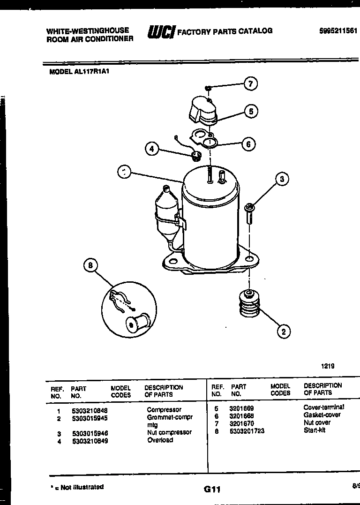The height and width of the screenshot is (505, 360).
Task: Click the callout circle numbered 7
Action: [250, 84]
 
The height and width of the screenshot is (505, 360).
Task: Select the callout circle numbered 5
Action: [251, 111]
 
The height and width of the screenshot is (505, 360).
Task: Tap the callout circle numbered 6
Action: [248, 144]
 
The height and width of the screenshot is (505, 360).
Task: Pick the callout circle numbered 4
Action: [151, 149]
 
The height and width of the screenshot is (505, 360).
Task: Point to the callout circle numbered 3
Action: [282, 179]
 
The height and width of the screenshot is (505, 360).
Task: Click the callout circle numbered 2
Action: [283, 332]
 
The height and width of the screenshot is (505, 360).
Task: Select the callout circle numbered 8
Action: [90, 266]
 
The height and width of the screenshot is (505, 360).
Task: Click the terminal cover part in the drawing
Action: [202, 111]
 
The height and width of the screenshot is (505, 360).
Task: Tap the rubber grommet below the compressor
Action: [247, 304]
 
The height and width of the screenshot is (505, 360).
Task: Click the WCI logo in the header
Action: [161, 31]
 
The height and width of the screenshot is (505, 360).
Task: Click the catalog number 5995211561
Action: [338, 30]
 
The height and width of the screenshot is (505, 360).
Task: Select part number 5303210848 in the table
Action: [90, 410]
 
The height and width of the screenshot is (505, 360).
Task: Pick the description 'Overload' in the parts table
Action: [160, 440]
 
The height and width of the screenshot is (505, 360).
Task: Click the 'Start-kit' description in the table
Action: [314, 430]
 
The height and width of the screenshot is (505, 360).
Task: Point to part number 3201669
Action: [241, 408]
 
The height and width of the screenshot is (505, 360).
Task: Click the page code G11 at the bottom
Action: [212, 490]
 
